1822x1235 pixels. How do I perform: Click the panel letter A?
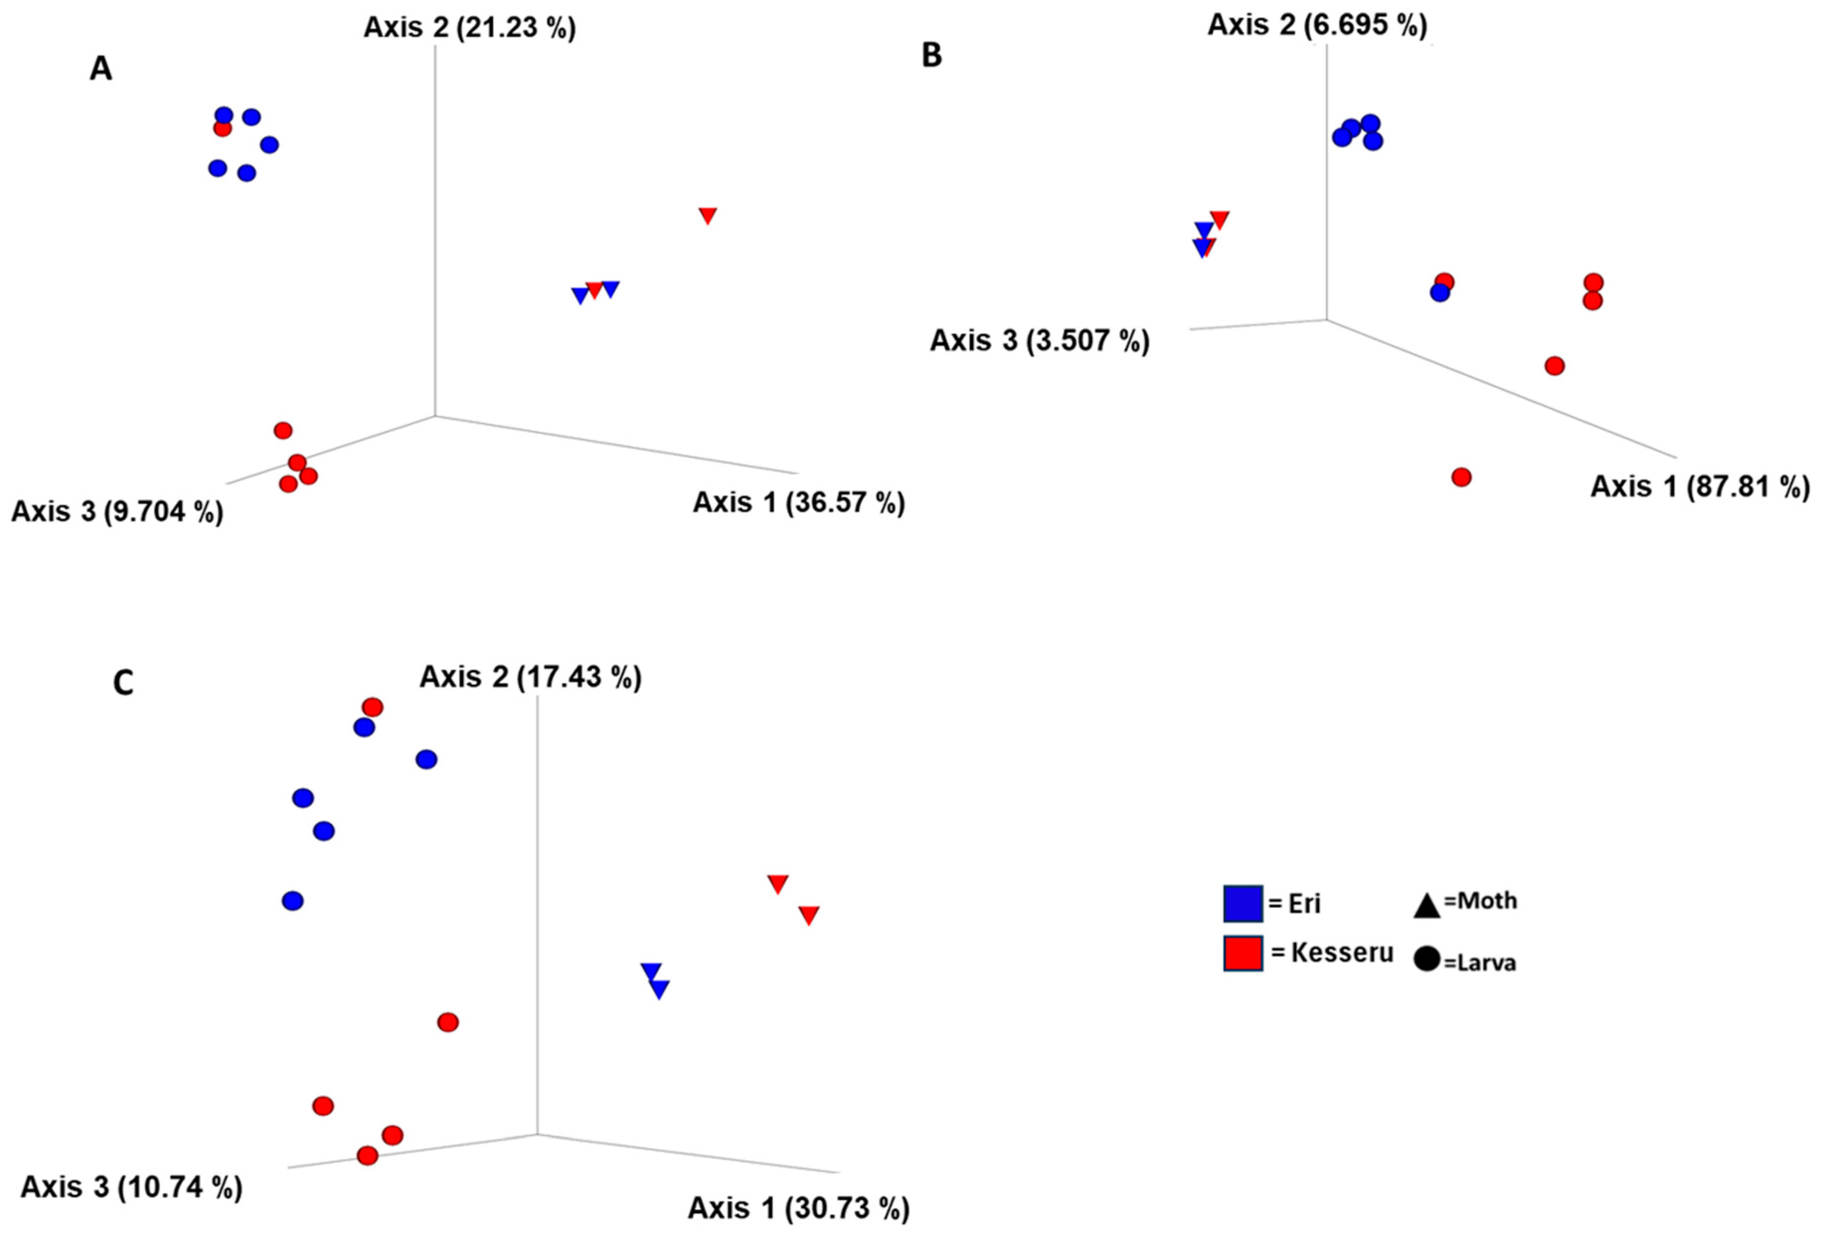[100, 69]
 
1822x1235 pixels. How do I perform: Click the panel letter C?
[123, 683]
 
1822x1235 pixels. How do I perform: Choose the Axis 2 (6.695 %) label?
[1317, 24]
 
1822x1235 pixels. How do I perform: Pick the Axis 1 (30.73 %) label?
[798, 1208]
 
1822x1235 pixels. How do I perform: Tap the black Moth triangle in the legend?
[1426, 908]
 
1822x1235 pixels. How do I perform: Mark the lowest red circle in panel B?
[1461, 477]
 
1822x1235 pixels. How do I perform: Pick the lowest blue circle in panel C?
[292, 900]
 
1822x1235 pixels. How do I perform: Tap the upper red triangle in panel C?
[777, 883]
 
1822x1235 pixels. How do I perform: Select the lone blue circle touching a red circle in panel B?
[1439, 292]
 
